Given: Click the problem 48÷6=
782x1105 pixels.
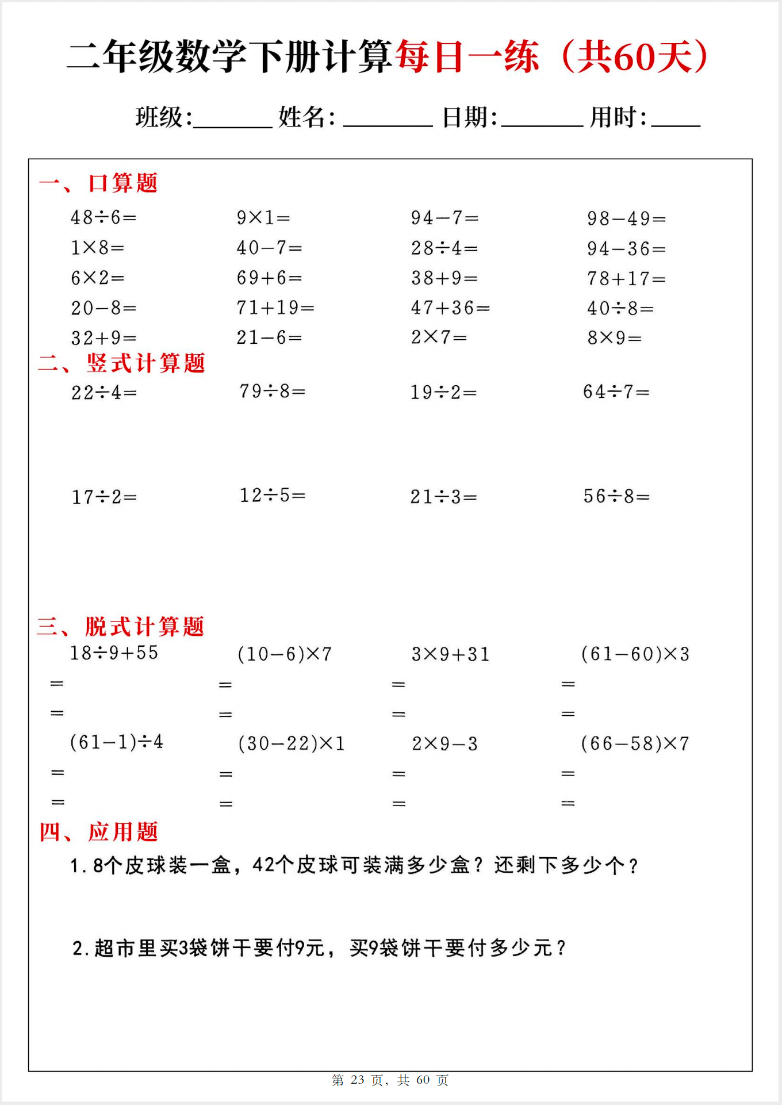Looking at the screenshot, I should click(x=103, y=217).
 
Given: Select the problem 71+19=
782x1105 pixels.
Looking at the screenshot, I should click(x=275, y=308).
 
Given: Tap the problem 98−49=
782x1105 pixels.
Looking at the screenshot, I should click(x=626, y=218).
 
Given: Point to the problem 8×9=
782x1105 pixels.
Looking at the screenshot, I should click(x=614, y=337).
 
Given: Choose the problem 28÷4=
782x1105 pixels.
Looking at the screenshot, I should click(x=444, y=248).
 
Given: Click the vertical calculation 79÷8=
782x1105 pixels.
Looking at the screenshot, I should click(x=272, y=392).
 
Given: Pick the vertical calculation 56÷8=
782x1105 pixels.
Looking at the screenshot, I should click(x=616, y=496).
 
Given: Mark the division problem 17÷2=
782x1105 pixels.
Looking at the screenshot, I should click(x=104, y=497).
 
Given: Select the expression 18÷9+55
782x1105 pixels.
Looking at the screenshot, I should click(x=114, y=653).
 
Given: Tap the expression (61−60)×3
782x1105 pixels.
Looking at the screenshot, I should click(x=635, y=654).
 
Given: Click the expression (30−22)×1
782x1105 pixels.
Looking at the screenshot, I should click(x=291, y=743).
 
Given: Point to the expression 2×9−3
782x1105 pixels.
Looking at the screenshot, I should click(x=444, y=744).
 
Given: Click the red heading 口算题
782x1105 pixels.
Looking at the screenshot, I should click(x=122, y=183).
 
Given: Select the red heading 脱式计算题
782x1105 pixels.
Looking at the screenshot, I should click(x=144, y=627).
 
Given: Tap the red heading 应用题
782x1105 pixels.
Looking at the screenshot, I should click(x=122, y=832).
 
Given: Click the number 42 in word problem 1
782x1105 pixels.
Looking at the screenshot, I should click(x=263, y=865).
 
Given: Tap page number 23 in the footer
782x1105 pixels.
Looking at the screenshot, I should click(x=358, y=1080).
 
